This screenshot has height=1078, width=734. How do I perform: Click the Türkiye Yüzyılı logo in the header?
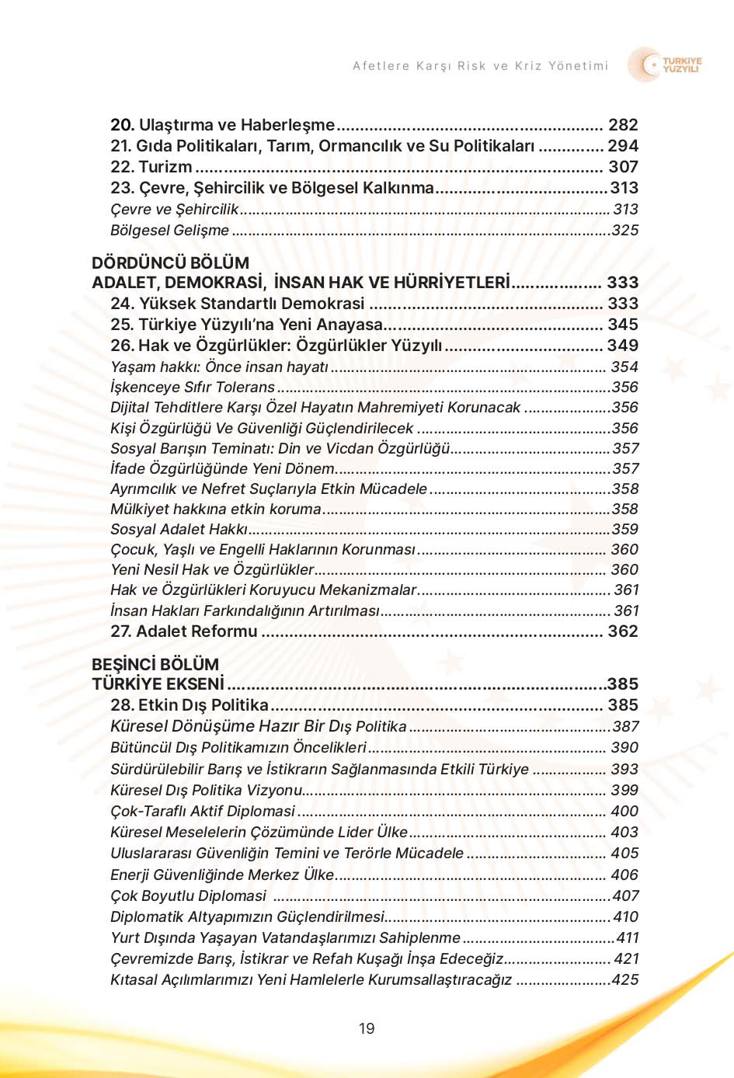click(x=666, y=65)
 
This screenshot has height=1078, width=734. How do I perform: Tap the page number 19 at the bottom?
click(x=367, y=1028)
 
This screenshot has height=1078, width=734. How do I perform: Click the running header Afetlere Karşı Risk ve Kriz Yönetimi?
click(x=480, y=66)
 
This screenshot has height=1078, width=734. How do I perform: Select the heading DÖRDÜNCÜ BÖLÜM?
click(x=170, y=263)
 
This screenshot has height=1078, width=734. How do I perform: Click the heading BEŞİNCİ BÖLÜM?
click(x=155, y=664)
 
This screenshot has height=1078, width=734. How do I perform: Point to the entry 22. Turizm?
click(x=151, y=167)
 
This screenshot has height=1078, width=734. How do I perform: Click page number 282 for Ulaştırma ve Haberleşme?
click(x=623, y=125)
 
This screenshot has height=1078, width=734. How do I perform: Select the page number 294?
click(x=623, y=146)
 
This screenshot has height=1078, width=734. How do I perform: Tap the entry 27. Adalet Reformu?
click(x=183, y=631)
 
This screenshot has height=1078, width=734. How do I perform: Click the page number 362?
click(x=623, y=631)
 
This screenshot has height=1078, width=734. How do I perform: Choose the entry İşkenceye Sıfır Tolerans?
click(x=193, y=387)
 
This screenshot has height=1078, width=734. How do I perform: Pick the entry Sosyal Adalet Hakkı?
click(x=179, y=530)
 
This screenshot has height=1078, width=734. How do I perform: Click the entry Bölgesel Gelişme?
click(x=169, y=231)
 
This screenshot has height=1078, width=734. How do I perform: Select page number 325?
click(x=624, y=231)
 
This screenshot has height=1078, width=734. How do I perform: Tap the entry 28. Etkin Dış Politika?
click(x=190, y=705)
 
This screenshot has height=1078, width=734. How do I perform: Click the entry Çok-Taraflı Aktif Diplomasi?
click(x=203, y=812)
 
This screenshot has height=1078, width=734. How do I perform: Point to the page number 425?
click(x=624, y=980)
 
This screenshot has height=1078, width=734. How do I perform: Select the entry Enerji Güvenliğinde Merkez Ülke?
click(x=222, y=875)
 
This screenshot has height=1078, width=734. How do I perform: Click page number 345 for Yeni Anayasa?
click(x=623, y=325)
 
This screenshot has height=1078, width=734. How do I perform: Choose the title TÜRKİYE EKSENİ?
click(x=158, y=684)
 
